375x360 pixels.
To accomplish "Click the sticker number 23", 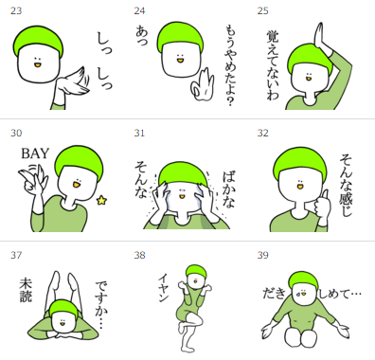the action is click(16, 10).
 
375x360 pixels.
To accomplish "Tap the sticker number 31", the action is click(139, 133).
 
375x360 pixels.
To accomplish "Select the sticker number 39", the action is click(262, 255).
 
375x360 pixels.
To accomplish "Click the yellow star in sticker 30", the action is click(101, 200).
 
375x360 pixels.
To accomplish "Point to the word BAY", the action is click(35, 153).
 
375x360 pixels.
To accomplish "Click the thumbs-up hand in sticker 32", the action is click(324, 207).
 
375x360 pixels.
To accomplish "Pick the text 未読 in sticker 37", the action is click(26, 290).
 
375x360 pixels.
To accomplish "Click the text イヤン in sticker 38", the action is click(165, 287).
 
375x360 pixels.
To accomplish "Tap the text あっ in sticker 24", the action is click(142, 36).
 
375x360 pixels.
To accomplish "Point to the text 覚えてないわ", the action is click(273, 65).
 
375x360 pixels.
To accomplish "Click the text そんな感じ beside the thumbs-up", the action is click(347, 185).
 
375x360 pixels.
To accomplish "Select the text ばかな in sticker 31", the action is click(228, 189).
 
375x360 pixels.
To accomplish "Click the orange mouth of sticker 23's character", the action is click(37, 65).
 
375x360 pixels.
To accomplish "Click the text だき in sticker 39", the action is click(275, 294).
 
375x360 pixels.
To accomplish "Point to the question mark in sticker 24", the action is click(230, 101).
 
